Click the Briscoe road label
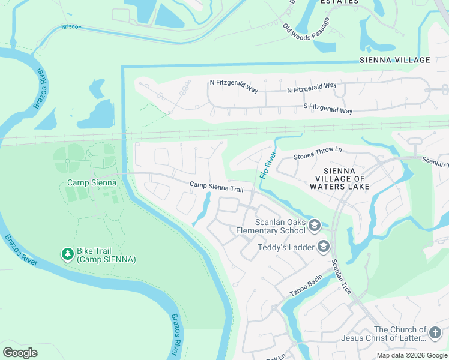click(71, 27)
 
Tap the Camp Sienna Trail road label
click(216, 187)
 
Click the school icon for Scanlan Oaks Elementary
click(314, 226)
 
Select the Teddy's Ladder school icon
click(324, 247)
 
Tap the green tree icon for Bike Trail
click(68, 254)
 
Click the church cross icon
click(436, 331)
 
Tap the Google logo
click(20, 353)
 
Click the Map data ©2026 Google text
click(412, 355)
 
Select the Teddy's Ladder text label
click(286, 247)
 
